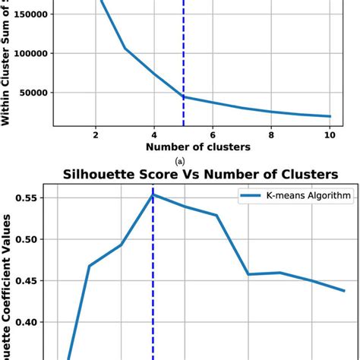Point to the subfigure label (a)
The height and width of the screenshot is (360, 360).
point(180,161)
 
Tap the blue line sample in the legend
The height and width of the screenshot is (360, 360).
point(254,196)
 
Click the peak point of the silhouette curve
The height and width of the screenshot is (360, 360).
point(153,194)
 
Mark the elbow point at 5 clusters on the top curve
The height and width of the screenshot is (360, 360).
point(183,96)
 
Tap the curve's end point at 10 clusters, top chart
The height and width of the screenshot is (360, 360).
point(330,116)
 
